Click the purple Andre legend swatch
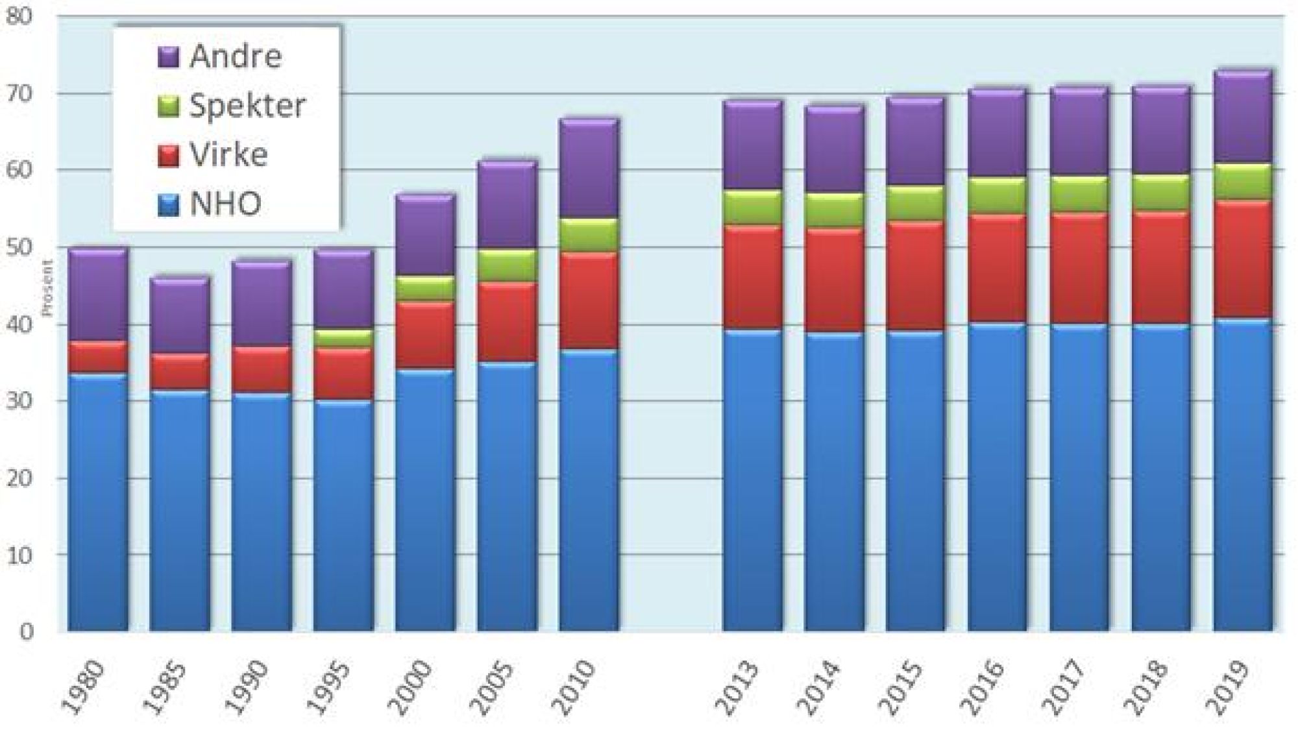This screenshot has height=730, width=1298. (168, 57)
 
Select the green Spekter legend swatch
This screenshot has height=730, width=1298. (168, 106)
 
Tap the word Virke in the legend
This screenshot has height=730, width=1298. (228, 155)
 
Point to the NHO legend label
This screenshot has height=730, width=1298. (226, 204)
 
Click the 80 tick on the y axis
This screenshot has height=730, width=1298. (20, 17)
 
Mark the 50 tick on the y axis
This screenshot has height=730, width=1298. (20, 248)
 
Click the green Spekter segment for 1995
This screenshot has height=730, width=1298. (343, 338)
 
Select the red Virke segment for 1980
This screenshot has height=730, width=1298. (98, 357)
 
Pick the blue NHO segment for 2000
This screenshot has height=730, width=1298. (425, 500)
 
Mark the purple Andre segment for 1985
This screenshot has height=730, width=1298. (180, 316)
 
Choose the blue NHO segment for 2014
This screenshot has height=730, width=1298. (834, 480)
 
